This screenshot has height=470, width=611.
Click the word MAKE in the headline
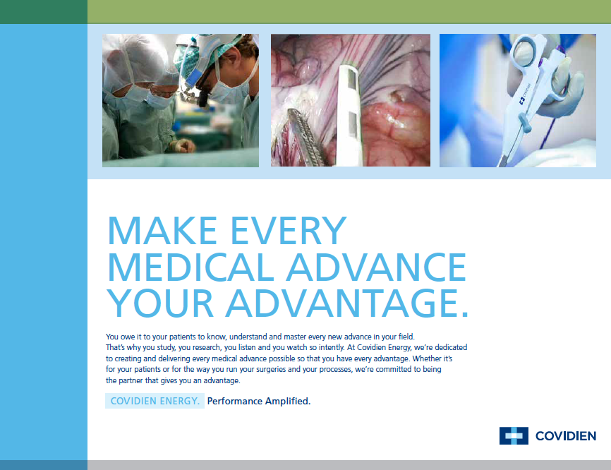coord(162,230)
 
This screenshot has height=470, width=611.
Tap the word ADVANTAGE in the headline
coord(347,303)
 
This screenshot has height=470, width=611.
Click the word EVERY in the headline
coord(289,230)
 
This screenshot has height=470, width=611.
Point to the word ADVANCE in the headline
coord(377,267)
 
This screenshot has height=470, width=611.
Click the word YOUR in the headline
coord(160,303)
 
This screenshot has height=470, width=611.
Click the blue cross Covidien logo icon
coord(514,435)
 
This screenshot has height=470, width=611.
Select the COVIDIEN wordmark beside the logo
coord(566,436)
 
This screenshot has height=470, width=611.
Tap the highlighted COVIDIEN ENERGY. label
coord(155,401)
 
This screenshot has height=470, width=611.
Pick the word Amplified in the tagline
coord(288,401)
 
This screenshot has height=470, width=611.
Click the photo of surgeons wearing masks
coord(181,100)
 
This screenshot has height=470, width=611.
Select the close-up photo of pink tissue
coord(351,100)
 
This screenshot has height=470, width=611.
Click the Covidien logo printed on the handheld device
coord(525,95)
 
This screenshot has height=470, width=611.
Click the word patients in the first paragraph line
coord(182,337)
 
